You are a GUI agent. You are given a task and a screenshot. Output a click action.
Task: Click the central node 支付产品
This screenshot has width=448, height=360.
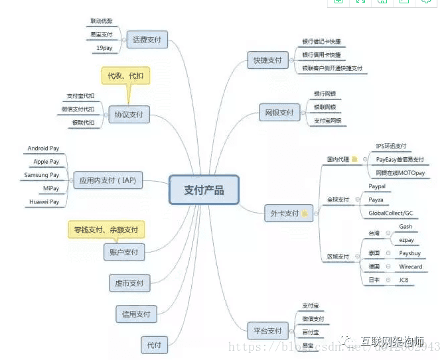[204, 190]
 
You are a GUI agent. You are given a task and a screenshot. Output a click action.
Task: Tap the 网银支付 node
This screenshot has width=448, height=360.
[277, 113]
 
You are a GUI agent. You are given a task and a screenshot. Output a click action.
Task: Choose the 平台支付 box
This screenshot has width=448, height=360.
[268, 330]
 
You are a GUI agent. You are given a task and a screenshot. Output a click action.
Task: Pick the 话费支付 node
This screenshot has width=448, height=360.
[147, 38]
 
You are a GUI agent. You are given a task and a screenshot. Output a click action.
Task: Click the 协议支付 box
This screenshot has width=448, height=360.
[129, 115]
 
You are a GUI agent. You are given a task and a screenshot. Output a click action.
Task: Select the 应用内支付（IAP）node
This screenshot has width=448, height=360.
[108, 180]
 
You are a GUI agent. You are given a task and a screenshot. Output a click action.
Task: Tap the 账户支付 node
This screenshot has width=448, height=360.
[124, 252]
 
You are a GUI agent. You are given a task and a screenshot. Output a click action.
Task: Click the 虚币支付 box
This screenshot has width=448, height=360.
[127, 283]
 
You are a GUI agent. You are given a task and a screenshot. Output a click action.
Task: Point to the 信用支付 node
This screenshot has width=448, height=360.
[135, 314]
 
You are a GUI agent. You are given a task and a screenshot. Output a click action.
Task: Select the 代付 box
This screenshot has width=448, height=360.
[154, 344]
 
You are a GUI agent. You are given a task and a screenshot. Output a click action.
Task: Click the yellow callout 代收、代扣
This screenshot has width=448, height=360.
[125, 76]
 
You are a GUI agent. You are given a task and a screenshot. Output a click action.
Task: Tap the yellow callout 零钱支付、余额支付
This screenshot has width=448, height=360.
[106, 230]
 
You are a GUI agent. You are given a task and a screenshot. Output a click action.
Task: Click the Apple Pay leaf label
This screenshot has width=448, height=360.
[46, 162]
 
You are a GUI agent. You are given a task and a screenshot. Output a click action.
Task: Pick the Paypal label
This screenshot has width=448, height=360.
[377, 186]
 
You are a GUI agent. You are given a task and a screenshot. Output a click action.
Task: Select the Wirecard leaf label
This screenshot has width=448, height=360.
[410, 267]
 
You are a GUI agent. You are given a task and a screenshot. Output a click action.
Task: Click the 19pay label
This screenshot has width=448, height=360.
[104, 48]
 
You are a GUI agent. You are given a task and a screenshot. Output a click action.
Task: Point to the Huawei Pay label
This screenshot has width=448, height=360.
[44, 202]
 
